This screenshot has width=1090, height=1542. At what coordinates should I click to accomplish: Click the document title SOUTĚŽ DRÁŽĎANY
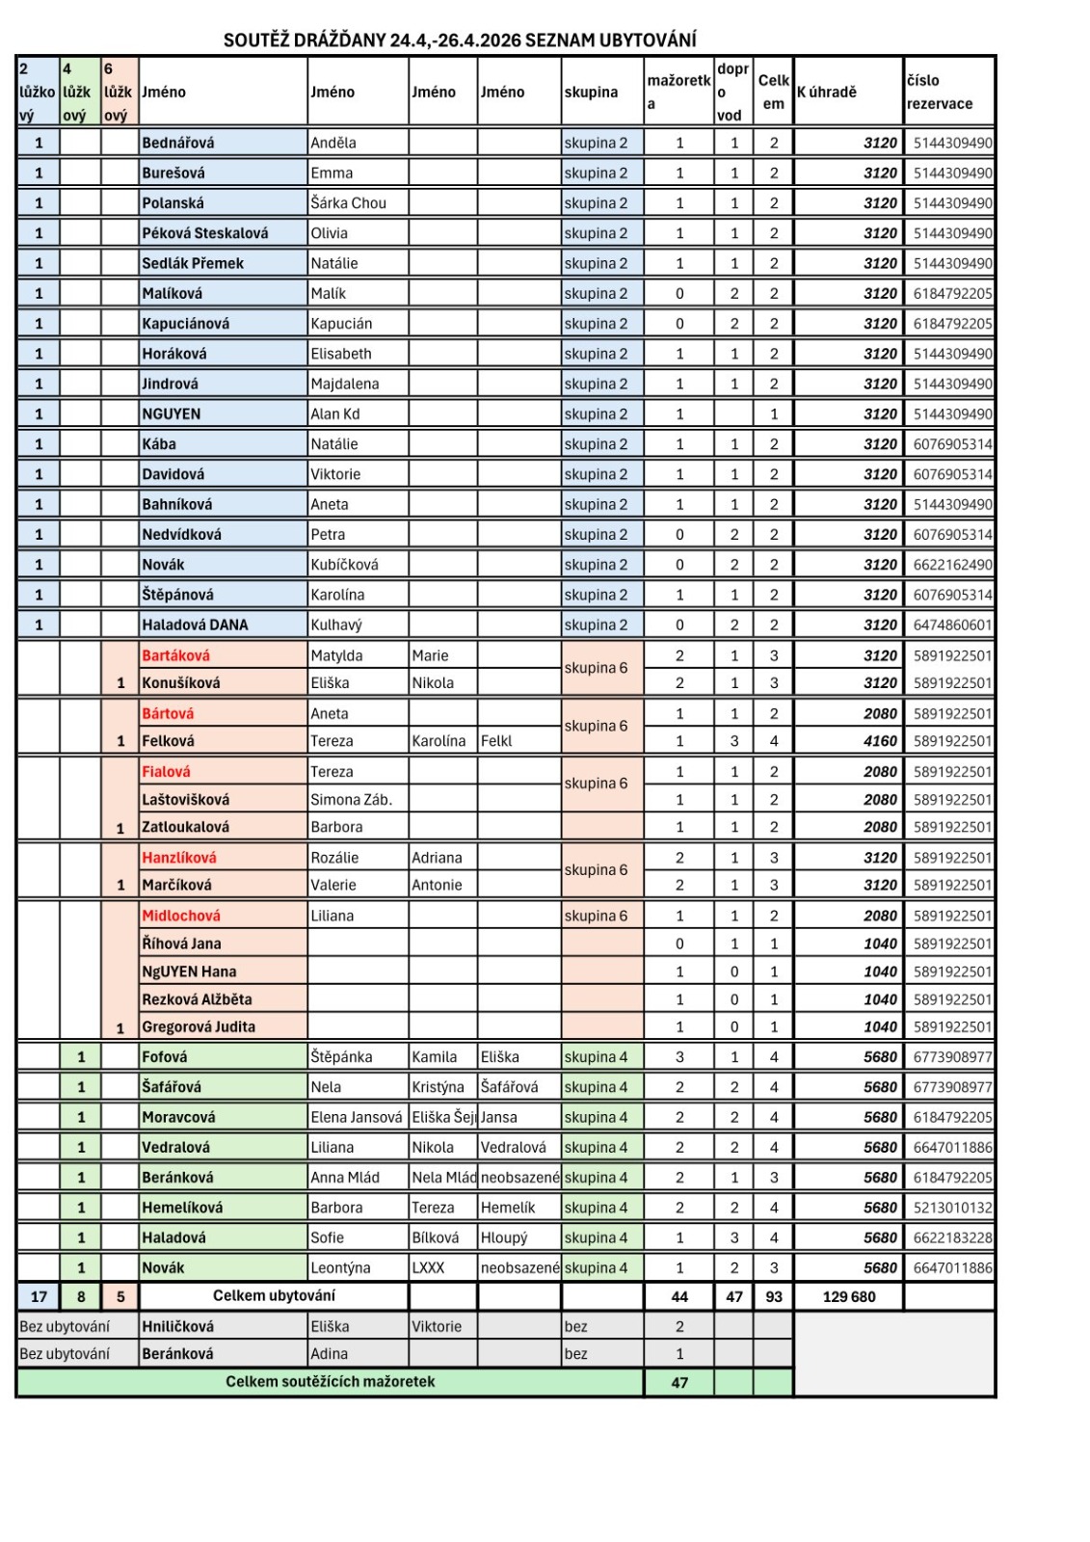pos(460,40)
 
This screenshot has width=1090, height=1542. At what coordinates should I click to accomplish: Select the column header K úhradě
pos(826,93)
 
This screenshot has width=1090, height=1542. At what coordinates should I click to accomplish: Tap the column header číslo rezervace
pos(939,93)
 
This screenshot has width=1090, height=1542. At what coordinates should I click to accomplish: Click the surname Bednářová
pos(178,143)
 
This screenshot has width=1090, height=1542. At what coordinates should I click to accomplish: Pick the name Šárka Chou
pos(348,203)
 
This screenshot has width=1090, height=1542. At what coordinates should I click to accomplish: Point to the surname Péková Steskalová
pos(204,233)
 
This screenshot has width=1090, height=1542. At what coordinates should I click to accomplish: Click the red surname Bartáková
pos(175,655)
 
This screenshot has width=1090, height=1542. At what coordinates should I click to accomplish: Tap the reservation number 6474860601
pos(952,625)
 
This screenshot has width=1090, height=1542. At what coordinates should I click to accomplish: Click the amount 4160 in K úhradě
pos(880,741)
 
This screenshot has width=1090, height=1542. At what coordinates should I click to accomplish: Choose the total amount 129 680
pos(849,1296)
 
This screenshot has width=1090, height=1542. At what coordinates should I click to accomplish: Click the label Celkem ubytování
pos(274,1295)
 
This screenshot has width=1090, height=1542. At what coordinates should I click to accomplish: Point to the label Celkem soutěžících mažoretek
pos(330,1381)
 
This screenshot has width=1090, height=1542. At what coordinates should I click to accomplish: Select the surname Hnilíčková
pos(177,1326)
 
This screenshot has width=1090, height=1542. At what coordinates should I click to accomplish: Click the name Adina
pos(329,1353)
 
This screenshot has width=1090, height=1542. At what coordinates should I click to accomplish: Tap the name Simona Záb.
pos(351,799)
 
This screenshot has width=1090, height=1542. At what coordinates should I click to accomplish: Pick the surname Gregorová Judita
pos(199,1026)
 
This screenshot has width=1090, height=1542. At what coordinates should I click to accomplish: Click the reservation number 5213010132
pos(952,1208)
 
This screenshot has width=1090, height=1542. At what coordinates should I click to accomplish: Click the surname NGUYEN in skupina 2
pos(172,413)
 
